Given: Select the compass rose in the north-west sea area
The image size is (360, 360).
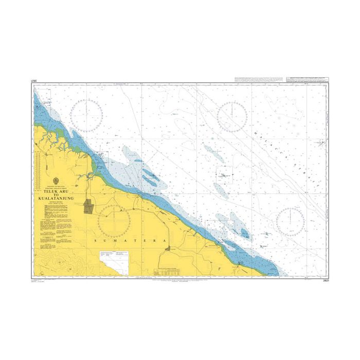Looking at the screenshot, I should click(86, 113).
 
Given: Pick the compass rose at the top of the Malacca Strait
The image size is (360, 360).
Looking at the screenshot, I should click(232, 116).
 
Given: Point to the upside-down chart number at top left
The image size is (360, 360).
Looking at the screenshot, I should click(35, 81).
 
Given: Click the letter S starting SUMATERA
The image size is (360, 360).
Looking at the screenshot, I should click(97, 240).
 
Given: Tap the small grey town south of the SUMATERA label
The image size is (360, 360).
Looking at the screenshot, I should click(170, 250).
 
